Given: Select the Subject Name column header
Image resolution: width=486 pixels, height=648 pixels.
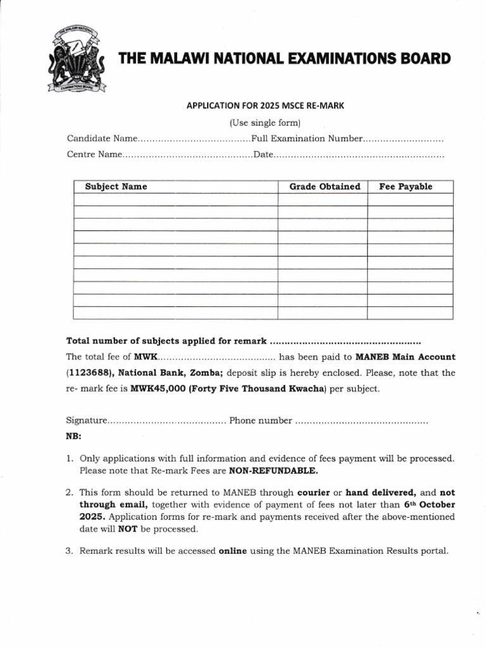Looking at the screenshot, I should pyautogui.click(x=116, y=187).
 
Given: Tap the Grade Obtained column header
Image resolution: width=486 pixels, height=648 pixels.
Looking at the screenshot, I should pyautogui.click(x=325, y=187).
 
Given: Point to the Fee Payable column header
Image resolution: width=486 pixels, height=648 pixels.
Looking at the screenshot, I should pyautogui.click(x=406, y=187).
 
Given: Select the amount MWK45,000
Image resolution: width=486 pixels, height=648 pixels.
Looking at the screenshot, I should pyautogui.click(x=158, y=389).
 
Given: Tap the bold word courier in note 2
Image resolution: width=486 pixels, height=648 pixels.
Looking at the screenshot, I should pyautogui.click(x=313, y=492).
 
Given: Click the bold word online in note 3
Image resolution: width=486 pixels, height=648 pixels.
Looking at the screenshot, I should pyautogui.click(x=233, y=551).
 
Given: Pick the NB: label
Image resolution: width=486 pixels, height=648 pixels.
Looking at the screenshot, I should pyautogui.click(x=73, y=437).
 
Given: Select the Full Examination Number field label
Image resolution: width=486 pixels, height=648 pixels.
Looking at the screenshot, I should pyautogui.click(x=307, y=139).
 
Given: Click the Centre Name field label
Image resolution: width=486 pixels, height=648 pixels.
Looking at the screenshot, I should pyautogui.click(x=94, y=154).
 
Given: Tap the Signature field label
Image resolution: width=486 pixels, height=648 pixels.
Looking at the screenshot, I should pyautogui.click(x=85, y=421).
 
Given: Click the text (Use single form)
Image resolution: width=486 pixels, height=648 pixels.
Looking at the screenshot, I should pyautogui.click(x=264, y=122).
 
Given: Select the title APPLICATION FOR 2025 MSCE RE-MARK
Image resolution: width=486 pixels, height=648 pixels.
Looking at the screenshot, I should pyautogui.click(x=264, y=106).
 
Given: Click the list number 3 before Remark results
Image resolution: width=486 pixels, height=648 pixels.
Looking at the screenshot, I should pyautogui.click(x=69, y=551).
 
